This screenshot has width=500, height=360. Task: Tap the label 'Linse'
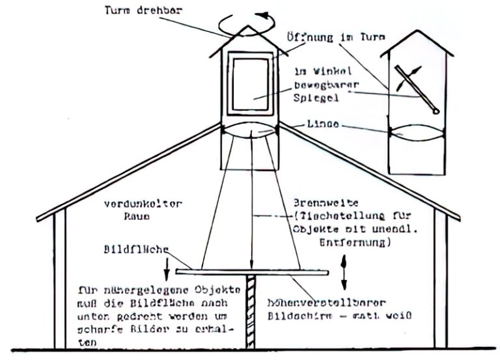point(323,124)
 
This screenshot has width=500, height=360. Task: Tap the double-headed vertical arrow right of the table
point(344,275)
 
